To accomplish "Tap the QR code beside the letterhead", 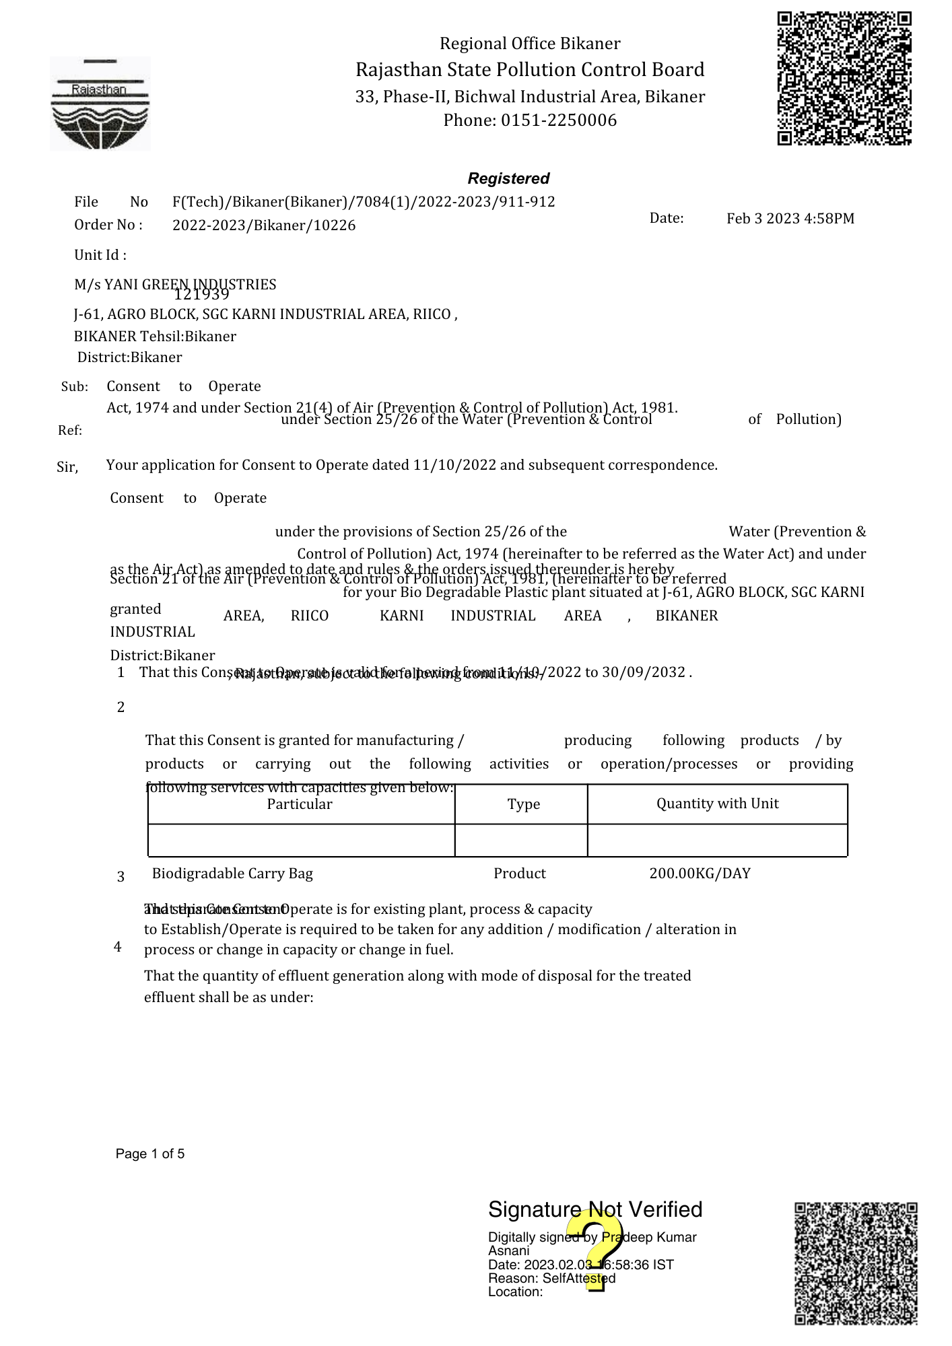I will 844,78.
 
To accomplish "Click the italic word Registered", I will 508,178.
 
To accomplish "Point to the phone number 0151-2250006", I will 558,120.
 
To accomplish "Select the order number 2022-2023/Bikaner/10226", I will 264,225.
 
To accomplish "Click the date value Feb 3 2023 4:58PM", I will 790,219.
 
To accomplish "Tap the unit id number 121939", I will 201,294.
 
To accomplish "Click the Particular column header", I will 300,804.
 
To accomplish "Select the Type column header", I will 524,804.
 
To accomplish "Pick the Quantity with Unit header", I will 717,804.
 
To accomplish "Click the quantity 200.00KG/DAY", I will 700,874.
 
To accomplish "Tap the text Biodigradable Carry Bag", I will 232,874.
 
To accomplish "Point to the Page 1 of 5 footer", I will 150,1154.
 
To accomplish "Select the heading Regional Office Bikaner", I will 530,44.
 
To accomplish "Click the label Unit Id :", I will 100,255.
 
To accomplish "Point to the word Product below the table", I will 519,874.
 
